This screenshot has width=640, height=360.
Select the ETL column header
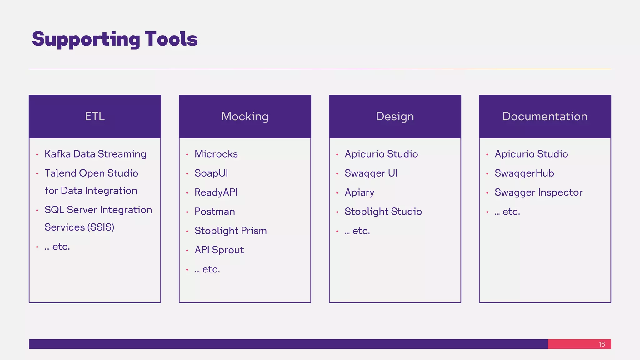click(95, 117)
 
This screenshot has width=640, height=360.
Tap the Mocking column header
click(245, 117)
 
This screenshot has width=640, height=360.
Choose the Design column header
click(395, 117)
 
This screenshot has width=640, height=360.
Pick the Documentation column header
click(545, 117)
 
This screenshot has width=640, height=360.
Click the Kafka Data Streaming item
click(95, 154)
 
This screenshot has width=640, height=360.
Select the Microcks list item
click(216, 154)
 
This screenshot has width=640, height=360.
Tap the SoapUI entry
click(211, 173)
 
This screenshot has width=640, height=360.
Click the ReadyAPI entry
click(216, 192)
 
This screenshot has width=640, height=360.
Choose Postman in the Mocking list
click(215, 212)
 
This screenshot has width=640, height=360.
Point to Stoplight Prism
click(231, 231)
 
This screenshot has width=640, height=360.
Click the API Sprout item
click(219, 250)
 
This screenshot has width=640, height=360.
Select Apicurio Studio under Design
click(381, 154)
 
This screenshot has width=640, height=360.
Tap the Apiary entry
click(359, 192)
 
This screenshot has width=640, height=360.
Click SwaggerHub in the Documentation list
click(524, 173)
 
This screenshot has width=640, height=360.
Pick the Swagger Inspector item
click(538, 192)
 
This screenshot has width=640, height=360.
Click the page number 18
click(602, 344)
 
